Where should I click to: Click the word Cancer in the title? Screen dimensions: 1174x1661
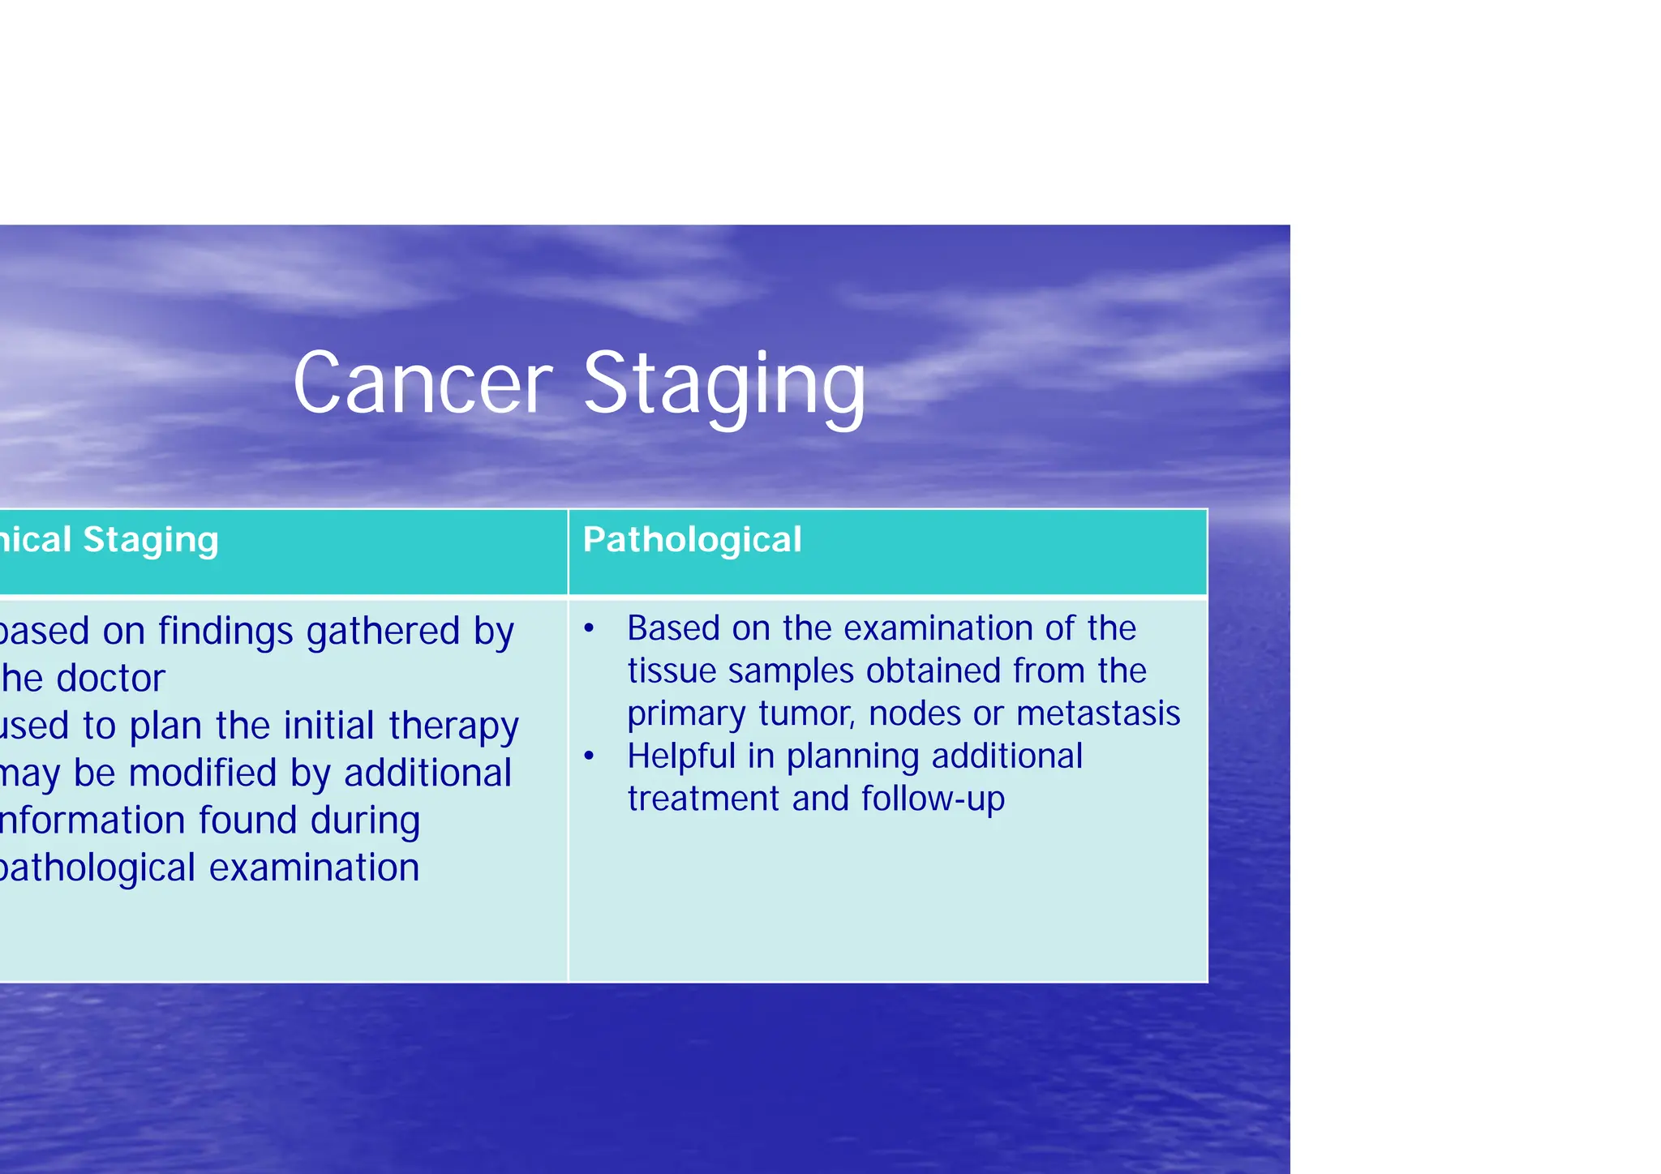click(422, 383)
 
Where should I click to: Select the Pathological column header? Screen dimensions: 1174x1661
click(692, 540)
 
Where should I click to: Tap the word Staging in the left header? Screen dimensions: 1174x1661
click(151, 541)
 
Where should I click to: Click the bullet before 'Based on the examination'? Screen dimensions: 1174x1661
click(590, 629)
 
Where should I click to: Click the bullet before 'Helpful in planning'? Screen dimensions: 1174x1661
click(590, 756)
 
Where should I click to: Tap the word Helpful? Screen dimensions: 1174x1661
click(681, 756)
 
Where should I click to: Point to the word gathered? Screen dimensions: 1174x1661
click(383, 632)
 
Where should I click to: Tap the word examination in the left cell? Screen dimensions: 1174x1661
click(315, 868)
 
